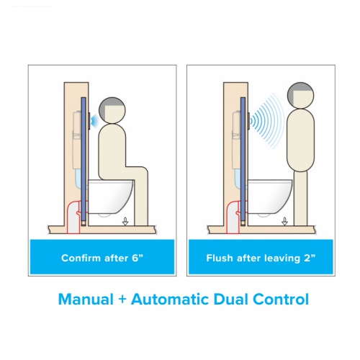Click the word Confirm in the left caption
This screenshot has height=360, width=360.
(81, 258)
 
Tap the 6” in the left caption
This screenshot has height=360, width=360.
(138, 258)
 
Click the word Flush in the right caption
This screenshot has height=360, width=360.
(220, 258)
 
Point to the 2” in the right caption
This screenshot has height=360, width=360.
(310, 258)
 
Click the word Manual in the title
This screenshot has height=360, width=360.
(86, 300)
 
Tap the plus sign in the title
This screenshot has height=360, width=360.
(122, 300)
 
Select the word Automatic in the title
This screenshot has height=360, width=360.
(170, 300)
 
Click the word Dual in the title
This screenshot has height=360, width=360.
(230, 300)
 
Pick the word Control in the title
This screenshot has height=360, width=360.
(281, 300)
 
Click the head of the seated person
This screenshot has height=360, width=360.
(112, 110)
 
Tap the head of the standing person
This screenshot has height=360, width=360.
(300, 96)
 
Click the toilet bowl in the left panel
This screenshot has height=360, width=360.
(110, 196)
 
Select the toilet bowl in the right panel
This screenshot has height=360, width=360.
(270, 196)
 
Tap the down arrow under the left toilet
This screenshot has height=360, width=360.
(125, 221)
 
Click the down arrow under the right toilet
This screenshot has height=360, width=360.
(284, 221)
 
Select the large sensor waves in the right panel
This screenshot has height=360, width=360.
(266, 121)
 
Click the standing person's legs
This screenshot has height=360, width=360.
(300, 198)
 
